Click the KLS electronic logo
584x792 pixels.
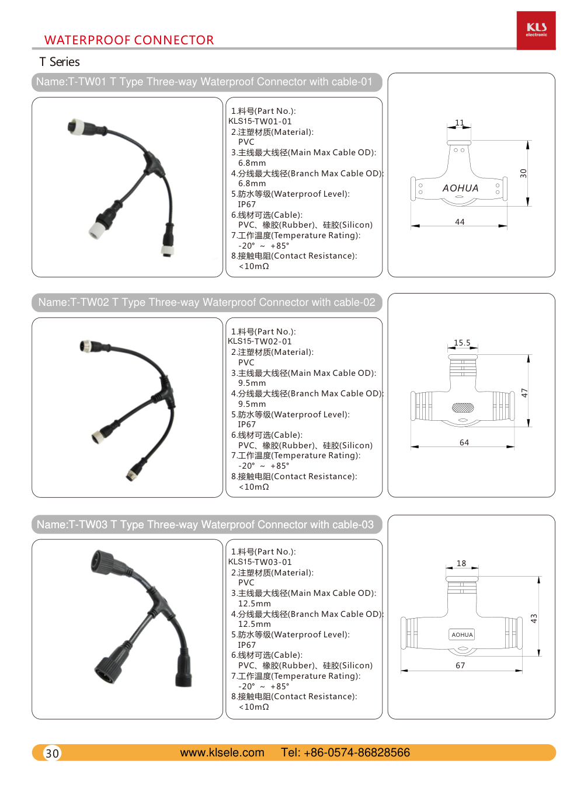coord(536,30)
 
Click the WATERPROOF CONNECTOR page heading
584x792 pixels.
coord(129,40)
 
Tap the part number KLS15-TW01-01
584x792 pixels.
coord(260,121)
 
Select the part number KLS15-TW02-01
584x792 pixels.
coord(260,341)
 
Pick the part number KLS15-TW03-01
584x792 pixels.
coord(260,562)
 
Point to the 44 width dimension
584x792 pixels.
coord(460,222)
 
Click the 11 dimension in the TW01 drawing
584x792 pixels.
coord(460,123)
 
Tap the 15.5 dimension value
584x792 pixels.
coord(462,343)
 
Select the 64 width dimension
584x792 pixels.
coord(464,442)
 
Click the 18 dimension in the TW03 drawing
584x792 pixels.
coord(461,563)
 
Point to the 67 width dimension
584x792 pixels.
coord(460,665)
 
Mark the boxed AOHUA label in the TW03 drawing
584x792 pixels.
coord(462,634)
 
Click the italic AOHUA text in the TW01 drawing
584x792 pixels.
coord(460,188)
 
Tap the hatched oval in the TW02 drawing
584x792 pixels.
coord(463,407)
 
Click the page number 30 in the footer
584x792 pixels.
coord(53,753)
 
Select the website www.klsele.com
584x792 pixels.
coord(222,752)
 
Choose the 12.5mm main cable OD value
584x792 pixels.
coord(255,603)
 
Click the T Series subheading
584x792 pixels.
coord(60,62)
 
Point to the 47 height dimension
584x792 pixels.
coord(524,393)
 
